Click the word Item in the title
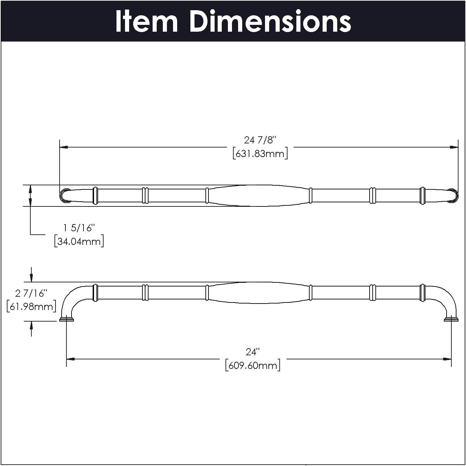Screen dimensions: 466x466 (x=146, y=21)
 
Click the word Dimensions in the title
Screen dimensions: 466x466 (x=270, y=21)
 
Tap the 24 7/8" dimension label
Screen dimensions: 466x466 (x=260, y=140)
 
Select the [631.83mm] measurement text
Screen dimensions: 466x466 (x=260, y=154)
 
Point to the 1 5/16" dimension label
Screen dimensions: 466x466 (x=79, y=228)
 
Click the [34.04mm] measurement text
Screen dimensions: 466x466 (x=79, y=242)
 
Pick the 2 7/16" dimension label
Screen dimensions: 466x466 (x=31, y=293)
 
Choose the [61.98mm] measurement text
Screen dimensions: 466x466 (x=31, y=307)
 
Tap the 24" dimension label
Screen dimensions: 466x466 (x=253, y=352)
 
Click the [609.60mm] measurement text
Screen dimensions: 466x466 (x=253, y=366)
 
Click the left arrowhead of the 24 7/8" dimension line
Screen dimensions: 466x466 (x=64, y=147)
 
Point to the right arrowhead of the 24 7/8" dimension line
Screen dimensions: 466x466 (x=454, y=147)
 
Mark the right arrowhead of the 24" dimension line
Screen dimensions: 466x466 (x=447, y=359)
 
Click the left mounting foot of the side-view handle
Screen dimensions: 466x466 (x=66, y=319)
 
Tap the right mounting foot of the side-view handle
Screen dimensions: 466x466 (x=451, y=319)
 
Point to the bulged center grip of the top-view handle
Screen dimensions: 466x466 (x=259, y=196)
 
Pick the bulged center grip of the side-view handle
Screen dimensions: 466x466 (x=259, y=293)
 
